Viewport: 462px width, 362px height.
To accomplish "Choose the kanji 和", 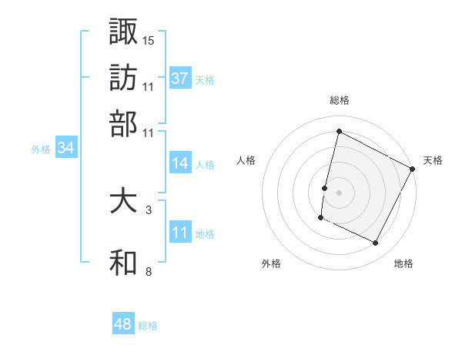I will pos(123,263).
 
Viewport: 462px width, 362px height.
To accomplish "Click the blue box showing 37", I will pos(179,79).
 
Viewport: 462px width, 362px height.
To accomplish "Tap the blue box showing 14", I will pos(179,163).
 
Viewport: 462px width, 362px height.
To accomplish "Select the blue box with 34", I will pos(65,149).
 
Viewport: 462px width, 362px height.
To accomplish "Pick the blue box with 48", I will pos(122,324).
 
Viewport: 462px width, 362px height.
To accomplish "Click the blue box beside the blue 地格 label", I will pos(179,233).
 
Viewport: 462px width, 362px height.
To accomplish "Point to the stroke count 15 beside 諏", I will pos(149,39).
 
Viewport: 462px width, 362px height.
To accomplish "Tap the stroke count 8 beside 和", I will pos(148,271).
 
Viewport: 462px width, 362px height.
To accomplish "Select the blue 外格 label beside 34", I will pos(41,149).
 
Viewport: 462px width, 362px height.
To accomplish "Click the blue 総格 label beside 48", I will pos(148,325).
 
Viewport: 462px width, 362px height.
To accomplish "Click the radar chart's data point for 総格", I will pos(339,132).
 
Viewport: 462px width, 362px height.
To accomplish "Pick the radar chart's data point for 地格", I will pos(376,243).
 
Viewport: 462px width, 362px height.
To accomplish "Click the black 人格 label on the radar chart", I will pos(246,160).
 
